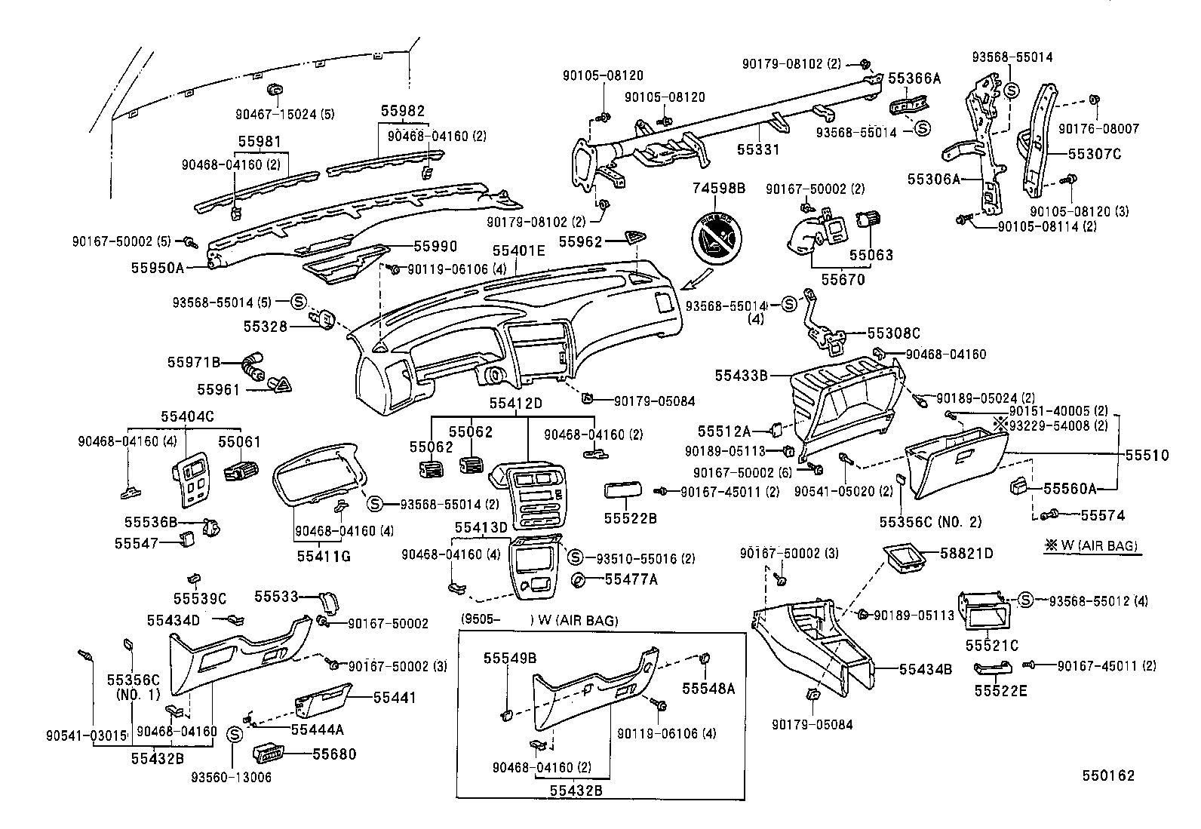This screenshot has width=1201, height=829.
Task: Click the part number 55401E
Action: click(x=518, y=250)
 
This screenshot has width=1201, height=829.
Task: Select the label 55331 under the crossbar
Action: click(x=758, y=149)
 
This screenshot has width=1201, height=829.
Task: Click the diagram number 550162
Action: click(x=1108, y=775)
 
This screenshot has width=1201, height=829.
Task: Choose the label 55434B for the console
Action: click(x=925, y=668)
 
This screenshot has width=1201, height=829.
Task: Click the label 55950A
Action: click(x=157, y=267)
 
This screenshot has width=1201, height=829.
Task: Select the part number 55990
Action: click(x=435, y=246)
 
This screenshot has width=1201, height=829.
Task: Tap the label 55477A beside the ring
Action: click(x=631, y=579)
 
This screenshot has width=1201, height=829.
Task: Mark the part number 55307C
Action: click(x=1094, y=154)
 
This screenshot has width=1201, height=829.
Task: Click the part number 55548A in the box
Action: click(x=708, y=688)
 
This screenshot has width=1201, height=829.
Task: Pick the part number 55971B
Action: click(x=193, y=362)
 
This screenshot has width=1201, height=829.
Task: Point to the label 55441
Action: click(x=395, y=698)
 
